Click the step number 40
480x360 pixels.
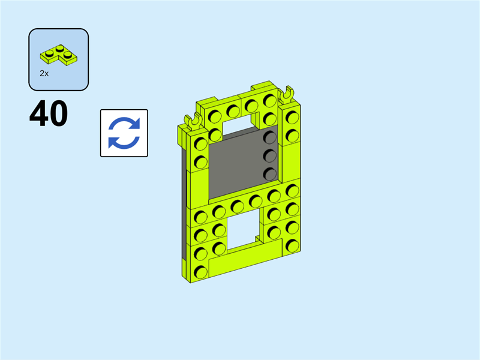[x=49, y=113]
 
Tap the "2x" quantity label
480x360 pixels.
[x=44, y=73]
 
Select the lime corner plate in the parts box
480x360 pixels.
[x=58, y=55]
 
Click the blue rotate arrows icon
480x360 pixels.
[x=124, y=133]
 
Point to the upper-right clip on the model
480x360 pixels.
[x=287, y=95]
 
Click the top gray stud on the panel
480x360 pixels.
[x=270, y=137]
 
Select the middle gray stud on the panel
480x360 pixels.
[x=270, y=156]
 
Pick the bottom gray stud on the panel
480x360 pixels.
[x=270, y=174]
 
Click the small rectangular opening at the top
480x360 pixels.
[x=239, y=122]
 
